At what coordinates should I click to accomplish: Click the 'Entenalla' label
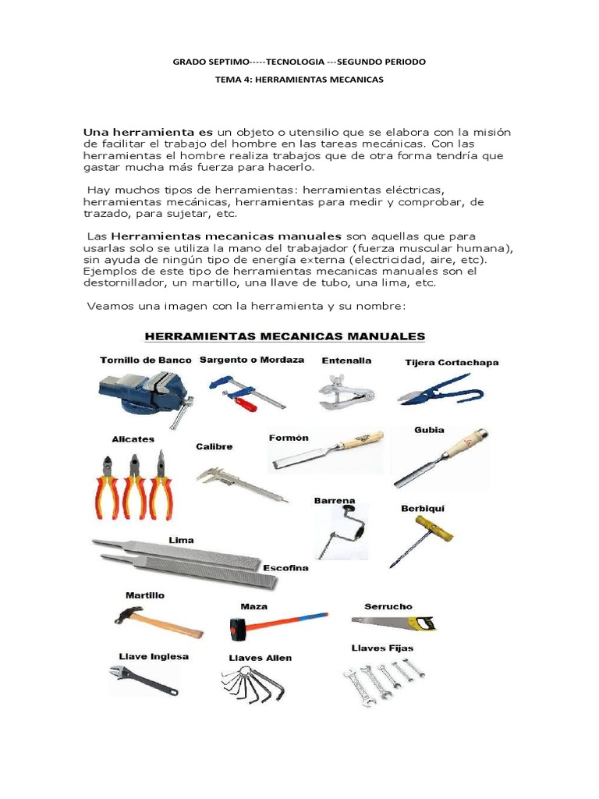(346, 360)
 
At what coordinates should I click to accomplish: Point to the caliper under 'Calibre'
(240, 481)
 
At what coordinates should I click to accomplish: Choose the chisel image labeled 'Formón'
(327, 453)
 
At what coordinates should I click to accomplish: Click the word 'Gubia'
(430, 430)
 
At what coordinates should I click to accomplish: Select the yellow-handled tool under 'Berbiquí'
(424, 538)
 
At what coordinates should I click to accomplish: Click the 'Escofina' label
(285, 567)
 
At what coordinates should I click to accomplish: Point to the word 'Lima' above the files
(181, 540)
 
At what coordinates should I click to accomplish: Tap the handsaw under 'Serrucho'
(393, 622)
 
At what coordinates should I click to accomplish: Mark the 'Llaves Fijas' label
(381, 648)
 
